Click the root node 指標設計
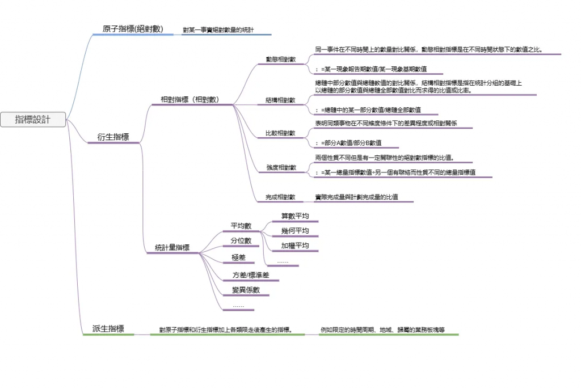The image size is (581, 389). click(33, 120)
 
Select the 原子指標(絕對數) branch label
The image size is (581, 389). click(133, 29)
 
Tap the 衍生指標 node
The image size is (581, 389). click(113, 137)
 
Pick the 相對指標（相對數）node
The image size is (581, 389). click(190, 99)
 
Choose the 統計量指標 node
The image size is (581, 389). click(172, 248)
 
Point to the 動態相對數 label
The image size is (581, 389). click(280, 60)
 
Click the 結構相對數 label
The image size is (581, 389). click(280, 100)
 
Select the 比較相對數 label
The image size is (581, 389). click(280, 133)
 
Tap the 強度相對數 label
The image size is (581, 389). click(280, 168)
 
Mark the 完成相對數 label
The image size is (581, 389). click(280, 197)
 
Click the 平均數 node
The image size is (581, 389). click(241, 226)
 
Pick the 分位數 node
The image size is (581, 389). click(241, 241)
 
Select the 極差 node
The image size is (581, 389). click(238, 257)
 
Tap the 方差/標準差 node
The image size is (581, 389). click(251, 275)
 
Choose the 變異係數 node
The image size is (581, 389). click(246, 290)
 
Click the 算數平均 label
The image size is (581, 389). click(295, 216)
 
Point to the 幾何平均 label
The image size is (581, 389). click(295, 231)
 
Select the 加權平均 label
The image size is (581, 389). click(295, 246)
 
